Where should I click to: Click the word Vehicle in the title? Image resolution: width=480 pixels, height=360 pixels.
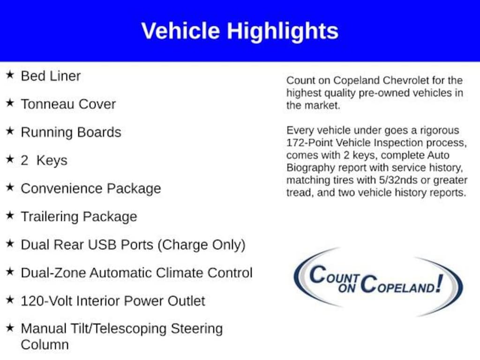pos(180,30)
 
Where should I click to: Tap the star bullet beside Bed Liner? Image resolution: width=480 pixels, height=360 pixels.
pos(10,75)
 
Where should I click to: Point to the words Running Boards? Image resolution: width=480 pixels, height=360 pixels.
pos(71,133)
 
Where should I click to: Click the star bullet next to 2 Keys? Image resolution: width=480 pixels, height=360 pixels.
pos(10,159)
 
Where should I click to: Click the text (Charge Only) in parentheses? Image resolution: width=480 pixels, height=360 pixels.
pos(202,245)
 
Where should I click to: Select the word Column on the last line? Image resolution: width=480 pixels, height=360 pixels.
pos(45,345)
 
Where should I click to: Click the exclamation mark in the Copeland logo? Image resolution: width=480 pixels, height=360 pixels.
pos(440,283)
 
